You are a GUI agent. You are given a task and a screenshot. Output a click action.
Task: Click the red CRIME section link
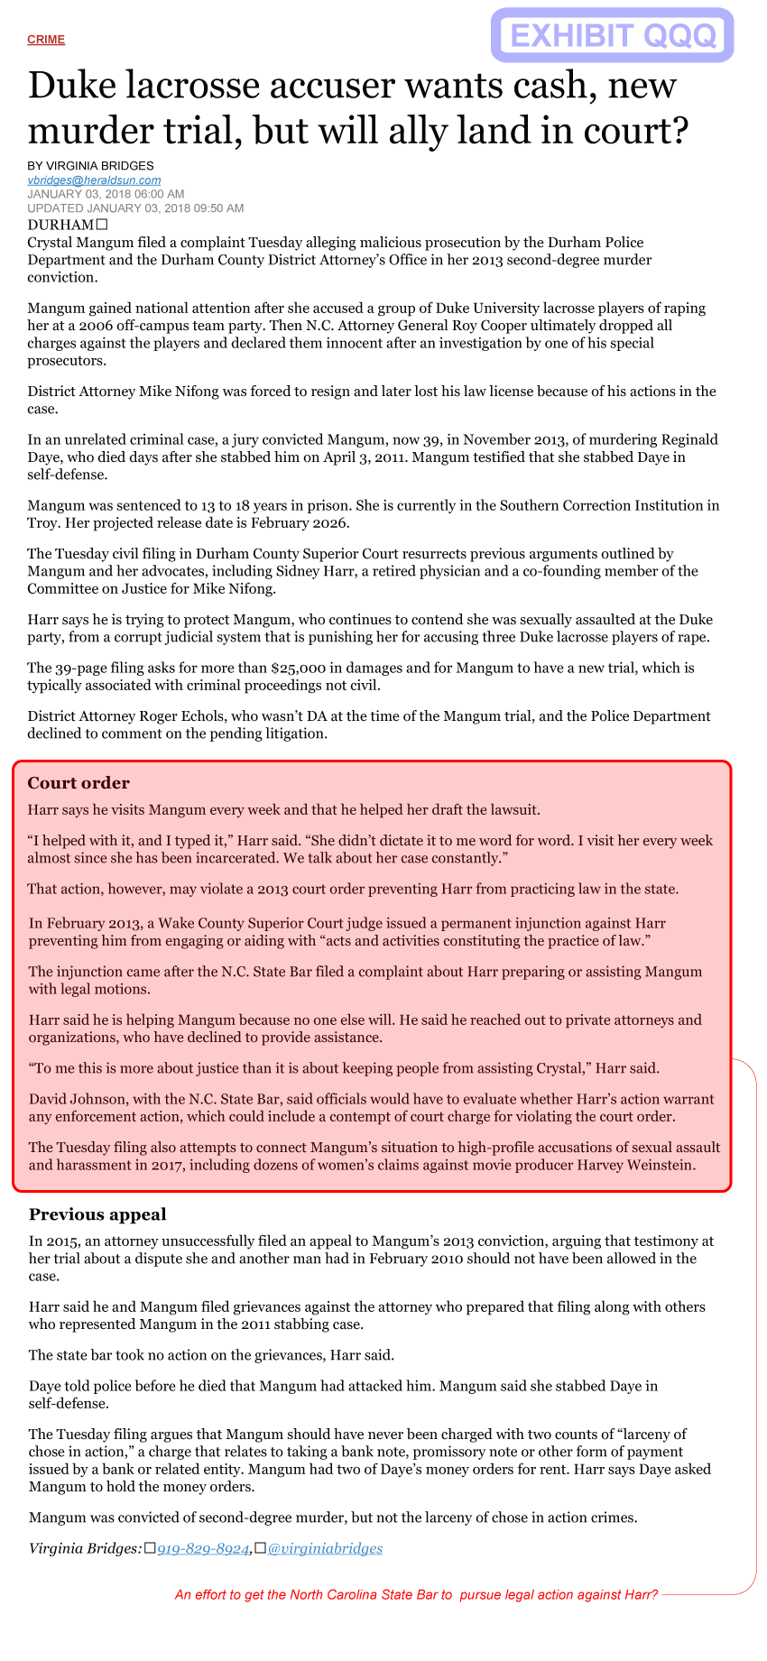[46, 40]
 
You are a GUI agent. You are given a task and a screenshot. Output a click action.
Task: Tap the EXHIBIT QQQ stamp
[613, 36]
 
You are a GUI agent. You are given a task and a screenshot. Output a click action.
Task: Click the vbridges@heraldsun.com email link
[94, 180]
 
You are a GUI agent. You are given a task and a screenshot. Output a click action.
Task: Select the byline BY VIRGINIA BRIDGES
[90, 166]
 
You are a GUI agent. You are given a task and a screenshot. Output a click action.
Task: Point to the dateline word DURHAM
[60, 225]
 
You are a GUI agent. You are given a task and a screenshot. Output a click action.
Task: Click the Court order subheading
[79, 783]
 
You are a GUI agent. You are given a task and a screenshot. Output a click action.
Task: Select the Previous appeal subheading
[97, 1214]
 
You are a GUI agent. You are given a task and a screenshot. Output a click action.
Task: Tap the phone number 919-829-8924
[203, 1549]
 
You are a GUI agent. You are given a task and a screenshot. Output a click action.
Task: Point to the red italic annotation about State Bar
[416, 1594]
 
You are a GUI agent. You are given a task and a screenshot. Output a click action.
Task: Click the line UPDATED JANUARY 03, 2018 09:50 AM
[135, 208]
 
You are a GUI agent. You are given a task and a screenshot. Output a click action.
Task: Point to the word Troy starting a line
[42, 523]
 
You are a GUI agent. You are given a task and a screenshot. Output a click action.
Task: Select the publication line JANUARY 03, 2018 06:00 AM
[106, 194]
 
